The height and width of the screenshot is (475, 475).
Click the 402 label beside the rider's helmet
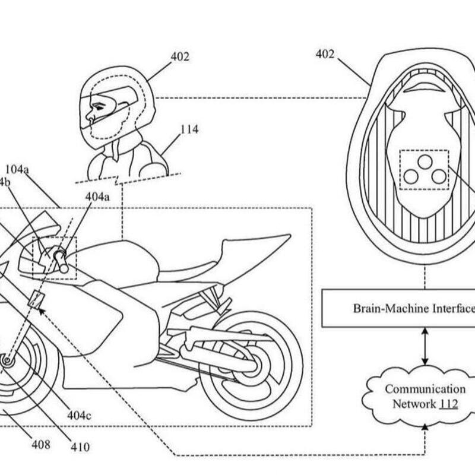click(179, 58)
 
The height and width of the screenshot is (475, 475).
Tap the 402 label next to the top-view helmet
click(325, 55)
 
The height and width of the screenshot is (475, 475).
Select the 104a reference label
click(17, 170)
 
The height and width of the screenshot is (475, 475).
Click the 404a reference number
click(97, 196)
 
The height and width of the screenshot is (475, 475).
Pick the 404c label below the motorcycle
click(79, 415)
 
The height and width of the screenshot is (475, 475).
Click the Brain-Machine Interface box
click(398, 308)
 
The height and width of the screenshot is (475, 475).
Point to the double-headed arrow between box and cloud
click(425, 346)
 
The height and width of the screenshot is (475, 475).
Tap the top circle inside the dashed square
click(424, 161)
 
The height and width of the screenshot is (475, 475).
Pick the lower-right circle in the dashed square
click(438, 176)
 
